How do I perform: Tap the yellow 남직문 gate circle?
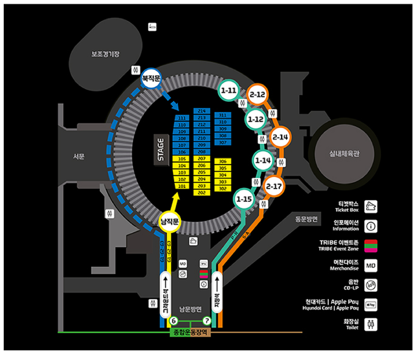pos(170,222)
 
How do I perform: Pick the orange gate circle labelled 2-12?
pos(257,94)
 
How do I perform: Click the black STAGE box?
pos(161,150)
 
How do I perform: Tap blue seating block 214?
pos(202,111)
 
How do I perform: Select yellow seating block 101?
pos(182,186)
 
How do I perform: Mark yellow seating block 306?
pos(222,162)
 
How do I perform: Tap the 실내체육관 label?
pos(345,154)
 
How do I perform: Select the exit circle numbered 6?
pos(174,321)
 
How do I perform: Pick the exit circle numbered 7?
pos(207,321)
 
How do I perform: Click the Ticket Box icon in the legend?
pos(370,206)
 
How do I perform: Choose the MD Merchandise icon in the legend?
pos(370,266)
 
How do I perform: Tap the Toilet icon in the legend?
pos(370,324)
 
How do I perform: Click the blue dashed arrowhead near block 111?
pos(175,107)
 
